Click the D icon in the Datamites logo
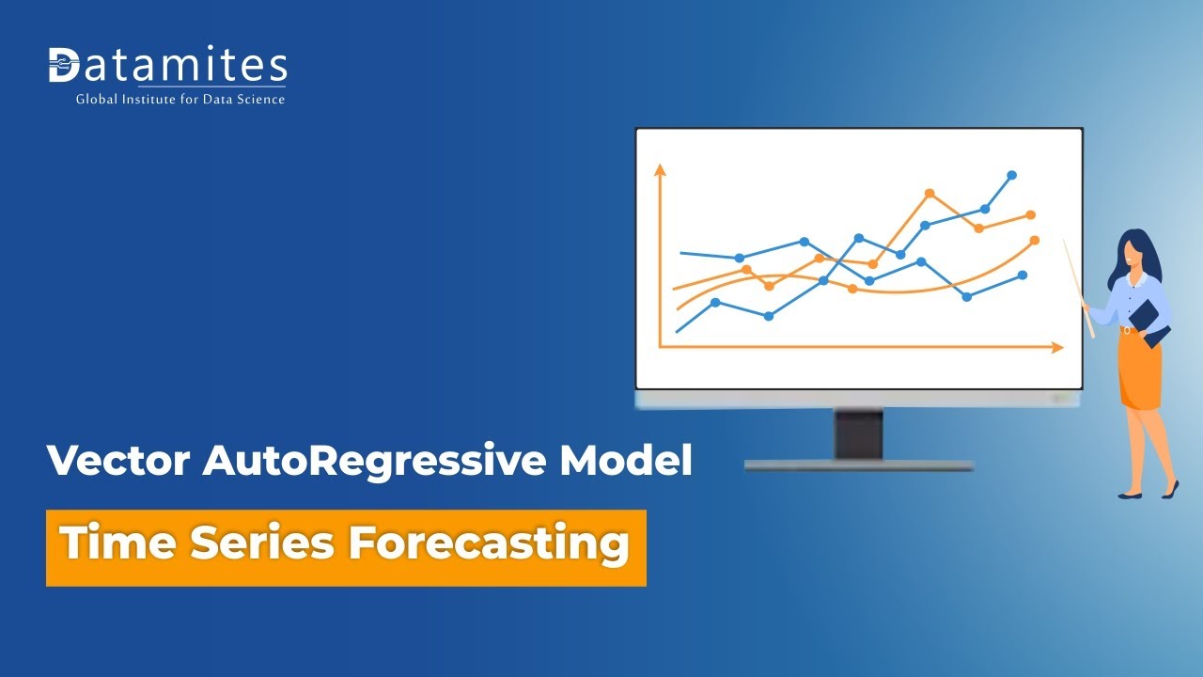pyautogui.click(x=63, y=65)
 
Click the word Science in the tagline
pyautogui.click(x=261, y=99)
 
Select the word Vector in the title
pyautogui.click(x=118, y=461)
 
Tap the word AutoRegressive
pyautogui.click(x=374, y=462)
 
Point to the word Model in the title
pyautogui.click(x=626, y=460)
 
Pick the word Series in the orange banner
pyautogui.click(x=262, y=543)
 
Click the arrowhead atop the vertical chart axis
pyautogui.click(x=660, y=170)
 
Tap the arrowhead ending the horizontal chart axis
pyautogui.click(x=1057, y=348)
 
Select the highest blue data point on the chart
pyautogui.click(x=1012, y=175)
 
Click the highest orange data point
pyautogui.click(x=930, y=194)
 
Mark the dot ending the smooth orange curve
pyautogui.click(x=1035, y=240)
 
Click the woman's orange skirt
pyautogui.click(x=1140, y=370)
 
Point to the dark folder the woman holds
pyautogui.click(x=1149, y=323)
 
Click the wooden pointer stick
pyautogui.click(x=1079, y=289)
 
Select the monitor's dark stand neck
pyautogui.click(x=858, y=434)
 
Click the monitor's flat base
pyautogui.click(x=859, y=465)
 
